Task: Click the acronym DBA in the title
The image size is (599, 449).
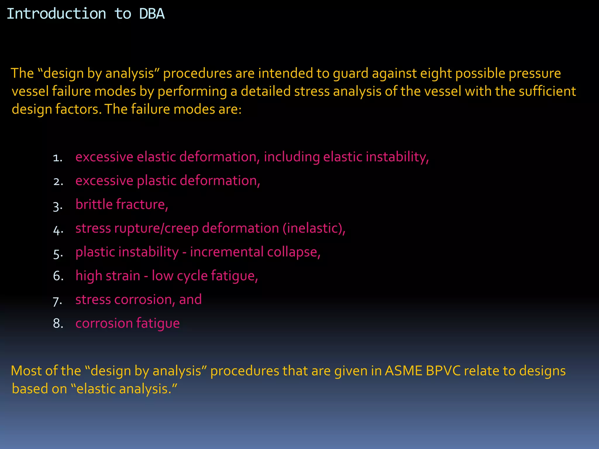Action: (152, 14)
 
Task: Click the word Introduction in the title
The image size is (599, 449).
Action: (56, 14)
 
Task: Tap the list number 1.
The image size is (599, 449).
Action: (58, 158)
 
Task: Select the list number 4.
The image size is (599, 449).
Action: (58, 230)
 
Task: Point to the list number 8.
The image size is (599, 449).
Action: (58, 324)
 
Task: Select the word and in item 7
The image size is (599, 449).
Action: (190, 299)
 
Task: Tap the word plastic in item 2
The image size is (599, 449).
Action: (156, 181)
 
